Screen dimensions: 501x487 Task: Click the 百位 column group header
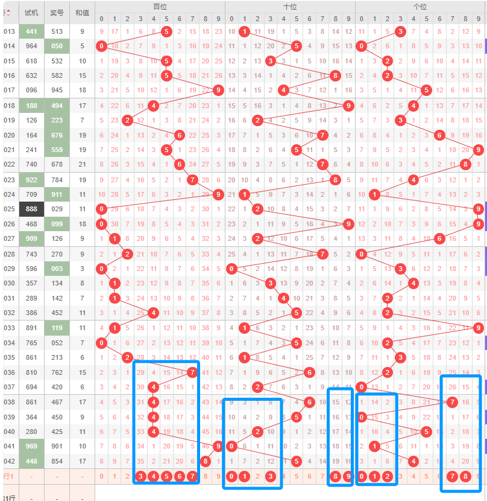(x=160, y=6)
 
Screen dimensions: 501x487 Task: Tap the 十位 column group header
(x=290, y=6)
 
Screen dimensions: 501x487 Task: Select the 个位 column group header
(x=420, y=6)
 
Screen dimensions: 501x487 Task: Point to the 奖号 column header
(x=57, y=12)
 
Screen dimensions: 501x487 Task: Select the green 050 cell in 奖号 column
(x=57, y=46)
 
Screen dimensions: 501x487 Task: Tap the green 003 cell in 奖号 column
(x=57, y=268)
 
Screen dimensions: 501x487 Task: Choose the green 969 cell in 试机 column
(x=31, y=445)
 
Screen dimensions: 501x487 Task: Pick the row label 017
(x=9, y=90)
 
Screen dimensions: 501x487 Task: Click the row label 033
(x=9, y=328)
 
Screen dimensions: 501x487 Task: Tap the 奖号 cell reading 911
(x=57, y=194)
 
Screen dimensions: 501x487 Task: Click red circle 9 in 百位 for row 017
(x=218, y=90)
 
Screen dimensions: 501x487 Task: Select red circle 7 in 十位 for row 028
(x=322, y=254)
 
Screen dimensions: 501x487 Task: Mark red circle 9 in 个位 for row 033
(x=478, y=328)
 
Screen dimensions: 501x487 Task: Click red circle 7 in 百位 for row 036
(x=192, y=372)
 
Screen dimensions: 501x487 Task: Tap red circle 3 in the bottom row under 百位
(x=140, y=477)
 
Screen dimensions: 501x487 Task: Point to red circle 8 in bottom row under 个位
(x=465, y=477)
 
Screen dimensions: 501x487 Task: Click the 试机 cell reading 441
(x=31, y=31)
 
